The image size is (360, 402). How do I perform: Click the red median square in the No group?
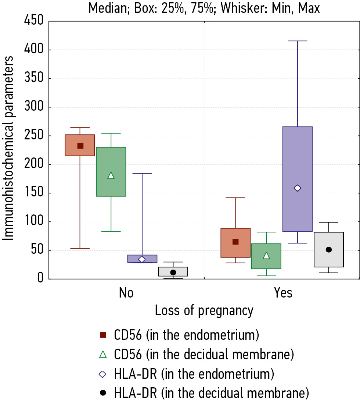80,146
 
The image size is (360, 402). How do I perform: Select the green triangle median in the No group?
111,176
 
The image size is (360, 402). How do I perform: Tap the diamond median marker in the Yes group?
298,188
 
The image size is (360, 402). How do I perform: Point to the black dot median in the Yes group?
329,250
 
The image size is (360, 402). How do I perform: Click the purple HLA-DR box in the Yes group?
298,158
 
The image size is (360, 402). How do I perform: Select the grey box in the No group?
173,271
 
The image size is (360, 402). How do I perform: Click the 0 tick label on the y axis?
40,279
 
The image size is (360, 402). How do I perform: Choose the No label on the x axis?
126,293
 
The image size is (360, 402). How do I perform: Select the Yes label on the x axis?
283,293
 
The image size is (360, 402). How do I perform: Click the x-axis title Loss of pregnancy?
204,311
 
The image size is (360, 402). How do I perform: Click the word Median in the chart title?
107,8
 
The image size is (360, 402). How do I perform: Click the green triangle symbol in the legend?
103,355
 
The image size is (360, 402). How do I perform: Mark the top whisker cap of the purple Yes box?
298,41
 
